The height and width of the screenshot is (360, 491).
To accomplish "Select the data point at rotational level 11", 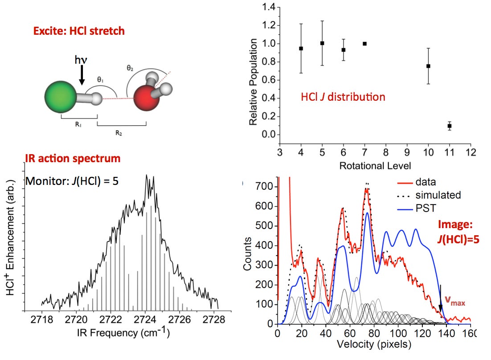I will [450, 126].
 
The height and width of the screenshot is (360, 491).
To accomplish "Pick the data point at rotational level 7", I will [364, 44].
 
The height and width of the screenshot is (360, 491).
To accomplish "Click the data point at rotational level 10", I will [428, 66].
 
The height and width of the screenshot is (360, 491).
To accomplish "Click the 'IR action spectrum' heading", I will [72, 158].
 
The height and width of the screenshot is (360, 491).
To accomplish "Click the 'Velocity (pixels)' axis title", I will [375, 344].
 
